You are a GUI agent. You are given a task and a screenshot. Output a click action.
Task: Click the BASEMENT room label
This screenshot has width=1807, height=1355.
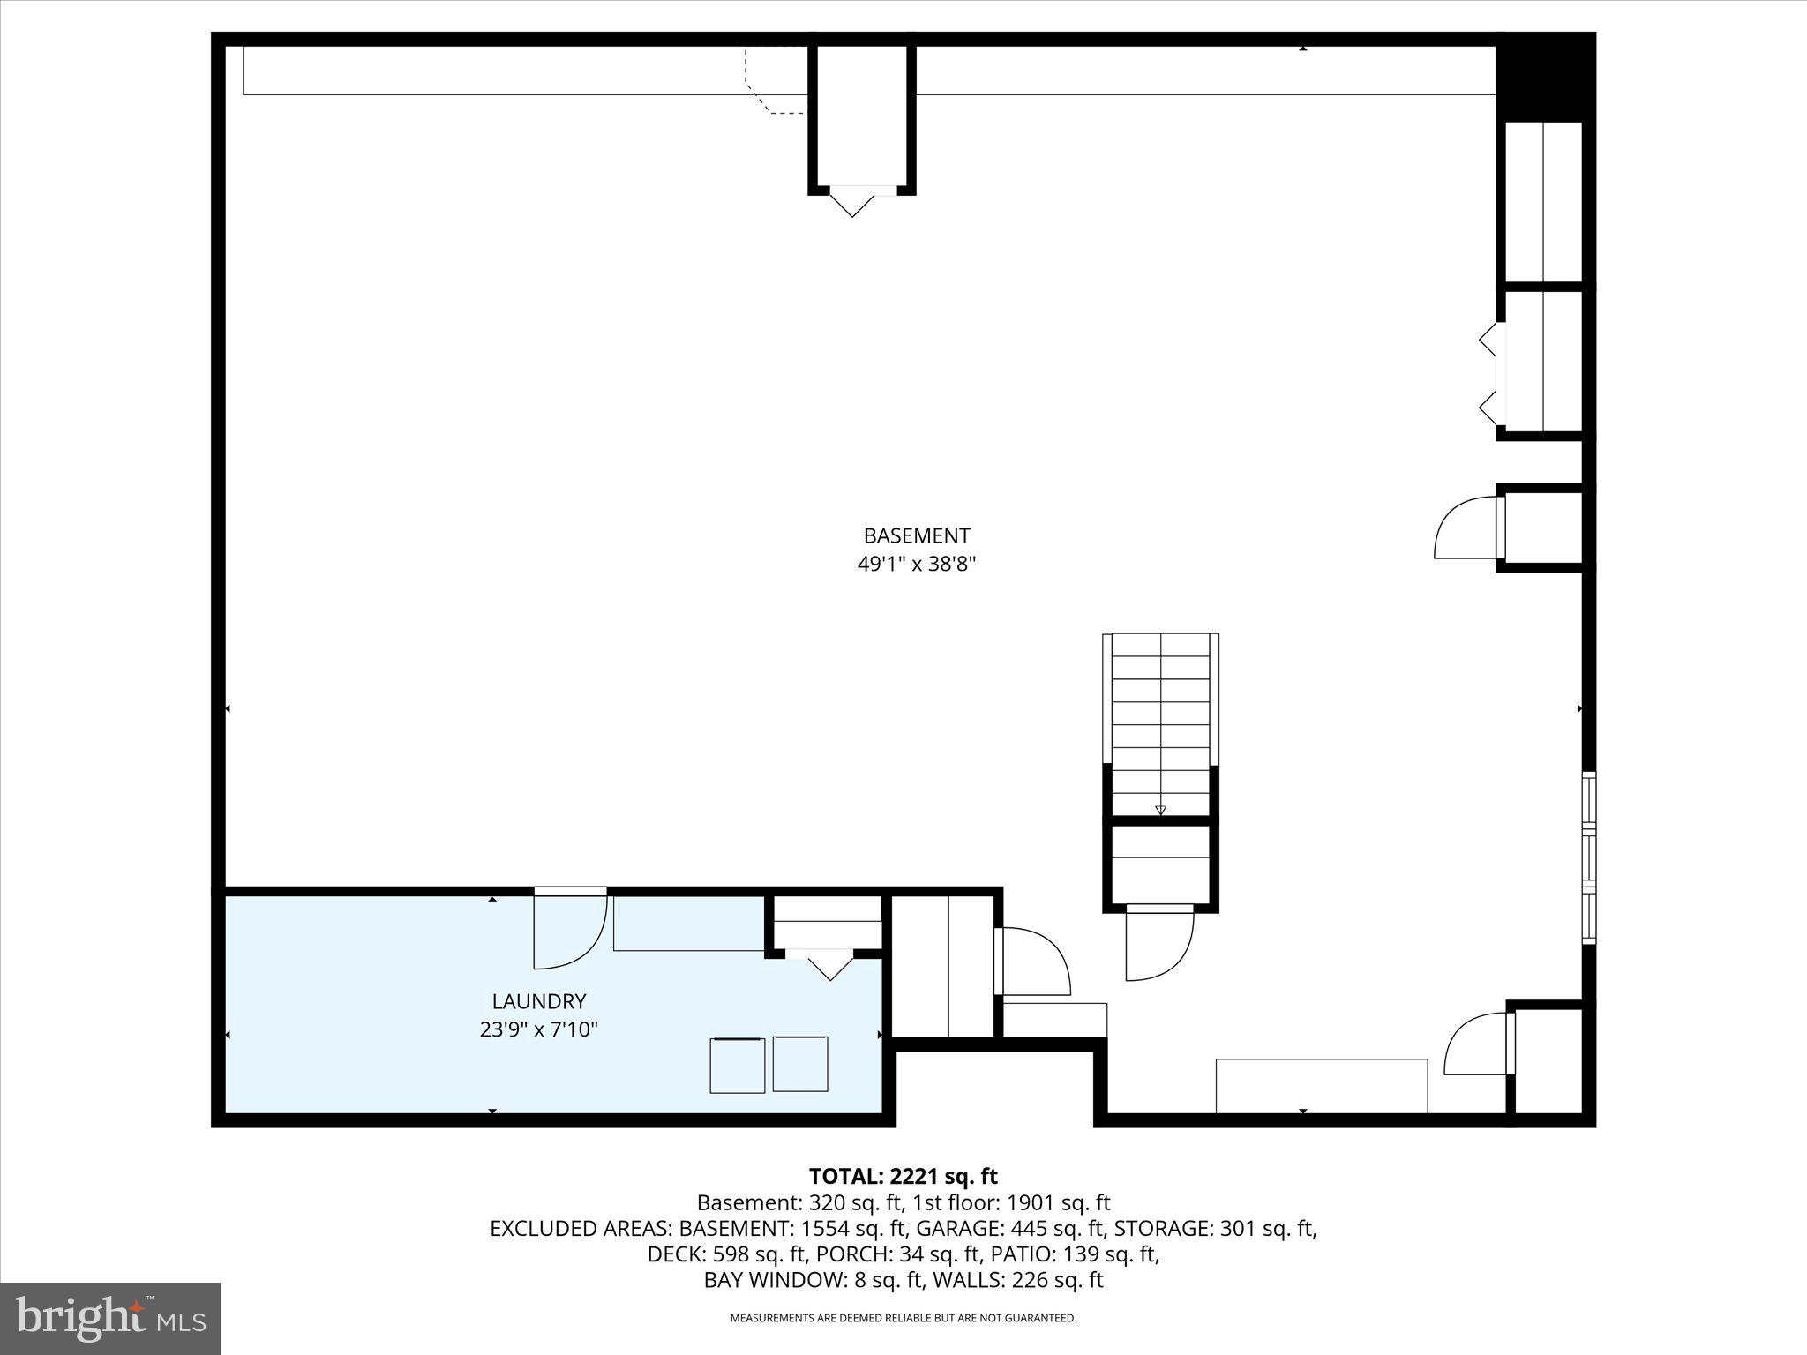pos(916,535)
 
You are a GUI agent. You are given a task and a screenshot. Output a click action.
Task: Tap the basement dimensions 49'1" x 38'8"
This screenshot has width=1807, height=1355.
pos(916,564)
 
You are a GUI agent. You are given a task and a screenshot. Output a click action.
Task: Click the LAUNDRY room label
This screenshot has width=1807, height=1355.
pos(538,1001)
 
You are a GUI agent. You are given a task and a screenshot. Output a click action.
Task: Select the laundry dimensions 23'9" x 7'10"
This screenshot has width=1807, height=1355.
pos(538,1029)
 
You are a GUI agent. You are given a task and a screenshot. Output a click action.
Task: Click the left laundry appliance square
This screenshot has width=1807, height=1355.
pos(738,1066)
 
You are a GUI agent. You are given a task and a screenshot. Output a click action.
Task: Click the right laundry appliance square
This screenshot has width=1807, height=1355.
pos(800,1064)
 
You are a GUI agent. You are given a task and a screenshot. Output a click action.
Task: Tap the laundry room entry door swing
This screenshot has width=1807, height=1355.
pos(568,932)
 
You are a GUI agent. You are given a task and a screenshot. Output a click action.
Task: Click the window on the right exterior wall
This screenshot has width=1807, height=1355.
pos(1588,857)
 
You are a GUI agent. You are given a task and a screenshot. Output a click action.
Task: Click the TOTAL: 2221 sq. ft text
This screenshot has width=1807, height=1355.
pos(903,1176)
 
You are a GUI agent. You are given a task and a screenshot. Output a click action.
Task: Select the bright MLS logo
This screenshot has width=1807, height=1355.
pos(110,1318)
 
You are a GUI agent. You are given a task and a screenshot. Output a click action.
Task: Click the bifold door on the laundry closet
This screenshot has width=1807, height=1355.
pos(829,965)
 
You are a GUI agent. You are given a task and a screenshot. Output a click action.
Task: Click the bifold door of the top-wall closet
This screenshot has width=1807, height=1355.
pos(852,202)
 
